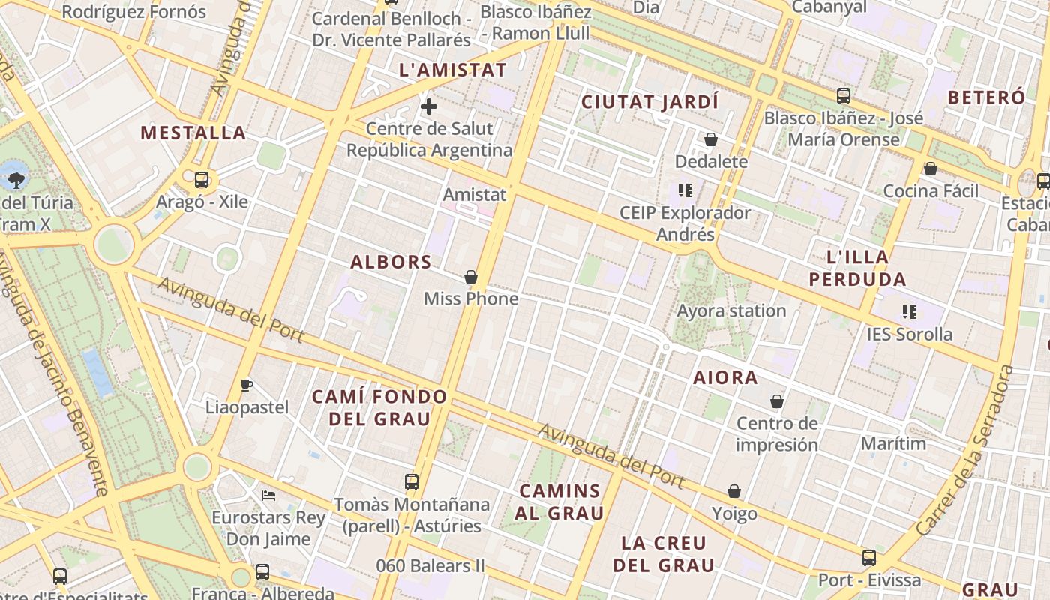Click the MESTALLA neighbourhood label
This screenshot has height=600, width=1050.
click(193, 133)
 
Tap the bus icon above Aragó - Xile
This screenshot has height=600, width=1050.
click(202, 180)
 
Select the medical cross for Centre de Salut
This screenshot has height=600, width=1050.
click(429, 106)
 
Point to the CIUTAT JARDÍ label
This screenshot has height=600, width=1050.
click(649, 101)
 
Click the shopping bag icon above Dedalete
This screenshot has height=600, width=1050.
click(711, 139)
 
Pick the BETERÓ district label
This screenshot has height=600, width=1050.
click(985, 97)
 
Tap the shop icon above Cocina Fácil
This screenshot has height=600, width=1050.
click(931, 169)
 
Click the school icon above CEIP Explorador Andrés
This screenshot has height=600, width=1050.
click(685, 190)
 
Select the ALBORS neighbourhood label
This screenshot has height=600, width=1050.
click(391, 262)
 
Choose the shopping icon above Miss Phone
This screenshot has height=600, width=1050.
click(471, 277)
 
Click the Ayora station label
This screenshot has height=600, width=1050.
click(731, 310)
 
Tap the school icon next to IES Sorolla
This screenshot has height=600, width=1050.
click(910, 311)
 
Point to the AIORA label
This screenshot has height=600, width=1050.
click(725, 377)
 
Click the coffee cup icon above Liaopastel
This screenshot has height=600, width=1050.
click(247, 385)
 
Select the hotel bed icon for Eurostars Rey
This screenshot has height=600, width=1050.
click(268, 495)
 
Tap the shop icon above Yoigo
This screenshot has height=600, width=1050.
click(734, 491)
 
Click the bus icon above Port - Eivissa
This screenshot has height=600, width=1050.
click(869, 558)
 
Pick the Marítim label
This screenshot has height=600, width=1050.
click(893, 443)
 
